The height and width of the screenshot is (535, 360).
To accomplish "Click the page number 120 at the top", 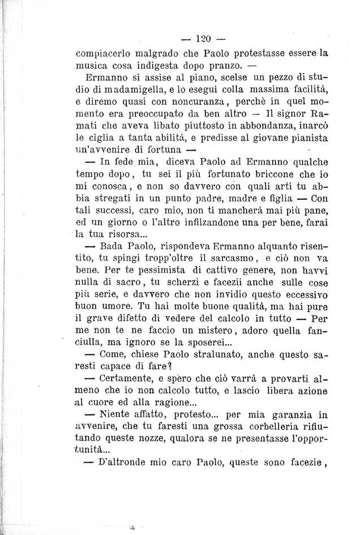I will [200, 39].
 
